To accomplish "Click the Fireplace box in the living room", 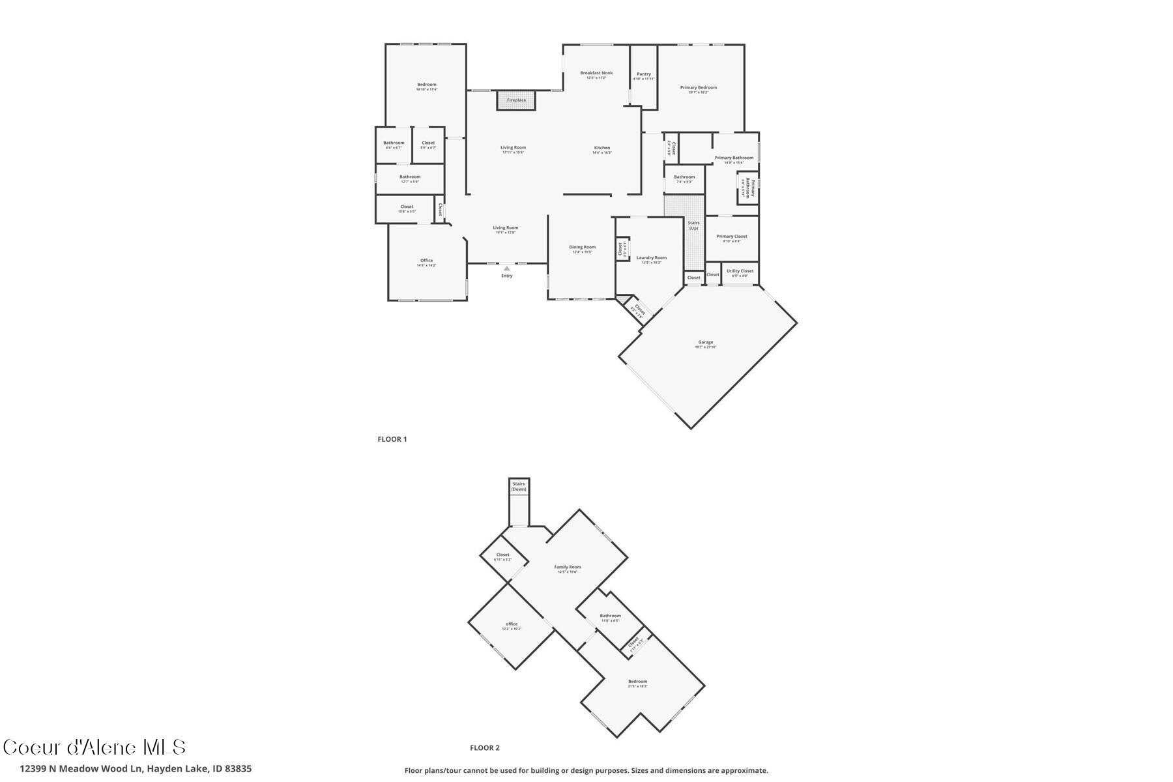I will [x=516, y=100].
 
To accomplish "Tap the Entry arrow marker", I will [x=507, y=268].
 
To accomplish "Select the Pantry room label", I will [x=644, y=74].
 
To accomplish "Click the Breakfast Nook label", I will [x=596, y=74].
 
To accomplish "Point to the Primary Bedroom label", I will [x=699, y=88].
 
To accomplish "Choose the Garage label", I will [x=706, y=343].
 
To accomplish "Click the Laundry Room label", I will [x=652, y=258].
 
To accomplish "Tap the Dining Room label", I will [x=582, y=248].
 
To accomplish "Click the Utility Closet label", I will [x=740, y=271].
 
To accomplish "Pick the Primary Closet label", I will [x=732, y=237].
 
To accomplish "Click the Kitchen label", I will [x=602, y=149].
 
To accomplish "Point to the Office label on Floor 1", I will [x=427, y=261].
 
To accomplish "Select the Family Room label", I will [x=568, y=568].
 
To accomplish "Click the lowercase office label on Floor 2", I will [x=512, y=624].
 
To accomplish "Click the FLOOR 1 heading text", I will [x=392, y=439].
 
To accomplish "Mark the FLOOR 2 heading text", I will [x=485, y=748].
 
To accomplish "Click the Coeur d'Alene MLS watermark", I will [x=94, y=747].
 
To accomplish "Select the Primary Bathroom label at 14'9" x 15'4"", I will [x=734, y=158].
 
